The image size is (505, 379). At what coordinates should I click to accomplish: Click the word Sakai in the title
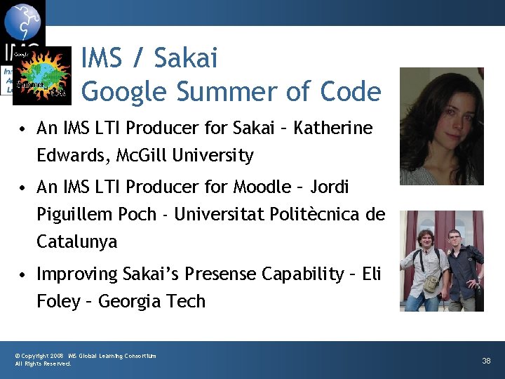[x=185, y=58]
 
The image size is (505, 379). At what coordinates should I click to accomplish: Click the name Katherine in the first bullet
[x=333, y=128]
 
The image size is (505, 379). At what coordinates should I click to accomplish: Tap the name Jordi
[x=330, y=187]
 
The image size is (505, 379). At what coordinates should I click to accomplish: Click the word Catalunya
[x=77, y=242]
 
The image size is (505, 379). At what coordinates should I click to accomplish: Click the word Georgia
[x=128, y=301]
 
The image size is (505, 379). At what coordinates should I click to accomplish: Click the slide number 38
[x=486, y=361]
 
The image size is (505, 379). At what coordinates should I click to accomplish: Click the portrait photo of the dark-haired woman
[x=441, y=126]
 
